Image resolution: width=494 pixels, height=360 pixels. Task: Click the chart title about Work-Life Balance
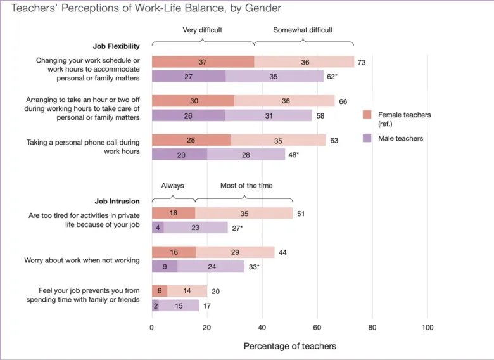[x=146, y=9]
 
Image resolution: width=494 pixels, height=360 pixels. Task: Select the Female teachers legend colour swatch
[x=367, y=115]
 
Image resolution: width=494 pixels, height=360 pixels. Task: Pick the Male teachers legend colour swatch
[x=367, y=138]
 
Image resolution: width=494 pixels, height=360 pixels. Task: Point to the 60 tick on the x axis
[x=317, y=327]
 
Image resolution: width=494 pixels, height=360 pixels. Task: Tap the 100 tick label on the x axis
[x=427, y=327]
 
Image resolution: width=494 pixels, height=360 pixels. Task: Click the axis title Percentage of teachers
[x=289, y=346]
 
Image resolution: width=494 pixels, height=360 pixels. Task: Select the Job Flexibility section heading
[x=117, y=46]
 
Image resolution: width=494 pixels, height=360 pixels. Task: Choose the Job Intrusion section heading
[x=117, y=201]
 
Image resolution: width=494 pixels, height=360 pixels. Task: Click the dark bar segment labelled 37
[x=203, y=61]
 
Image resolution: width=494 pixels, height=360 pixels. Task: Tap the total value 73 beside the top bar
[x=361, y=62]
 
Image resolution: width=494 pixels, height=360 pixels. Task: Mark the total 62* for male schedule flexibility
[x=332, y=77]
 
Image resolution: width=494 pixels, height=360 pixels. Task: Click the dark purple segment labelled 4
[x=158, y=228]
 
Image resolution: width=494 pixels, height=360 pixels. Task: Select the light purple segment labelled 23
[x=195, y=228]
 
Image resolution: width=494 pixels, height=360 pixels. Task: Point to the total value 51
[x=301, y=214]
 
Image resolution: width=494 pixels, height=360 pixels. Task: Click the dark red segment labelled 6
[x=160, y=291]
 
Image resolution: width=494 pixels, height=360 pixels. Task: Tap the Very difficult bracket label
[x=203, y=30]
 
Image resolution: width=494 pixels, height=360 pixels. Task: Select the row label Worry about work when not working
[x=82, y=260]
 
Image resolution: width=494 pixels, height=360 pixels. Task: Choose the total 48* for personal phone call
[x=294, y=155]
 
